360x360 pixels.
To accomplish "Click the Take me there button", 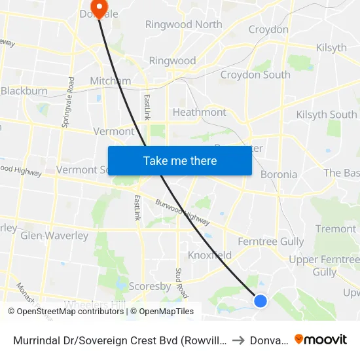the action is pyautogui.click(x=180, y=160).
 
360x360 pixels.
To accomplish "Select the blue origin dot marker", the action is pyautogui.click(x=261, y=300).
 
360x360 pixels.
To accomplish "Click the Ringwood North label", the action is pyautogui.click(x=183, y=24).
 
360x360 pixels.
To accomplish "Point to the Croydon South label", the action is pyautogui.click(x=255, y=75).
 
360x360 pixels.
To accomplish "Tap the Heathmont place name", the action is pyautogui.click(x=199, y=112).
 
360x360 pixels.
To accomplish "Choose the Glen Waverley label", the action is pyautogui.click(x=54, y=236).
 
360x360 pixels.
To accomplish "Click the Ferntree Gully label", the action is pyautogui.click(x=270, y=242).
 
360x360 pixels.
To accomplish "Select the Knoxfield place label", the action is pyautogui.click(x=209, y=255).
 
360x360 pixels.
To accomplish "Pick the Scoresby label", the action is pyautogui.click(x=150, y=286).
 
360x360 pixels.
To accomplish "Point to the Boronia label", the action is pyautogui.click(x=279, y=174).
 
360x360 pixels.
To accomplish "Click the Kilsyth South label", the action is pyautogui.click(x=327, y=115).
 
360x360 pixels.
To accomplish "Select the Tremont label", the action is pyautogui.click(x=336, y=228).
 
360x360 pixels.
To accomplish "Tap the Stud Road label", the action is pyautogui.click(x=182, y=282).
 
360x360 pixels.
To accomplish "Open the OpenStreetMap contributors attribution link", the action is pyautogui.click(x=70, y=312).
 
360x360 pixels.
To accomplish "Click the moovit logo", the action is pyautogui.click(x=321, y=339).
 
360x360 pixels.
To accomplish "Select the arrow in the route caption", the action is pyautogui.click(x=238, y=340).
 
